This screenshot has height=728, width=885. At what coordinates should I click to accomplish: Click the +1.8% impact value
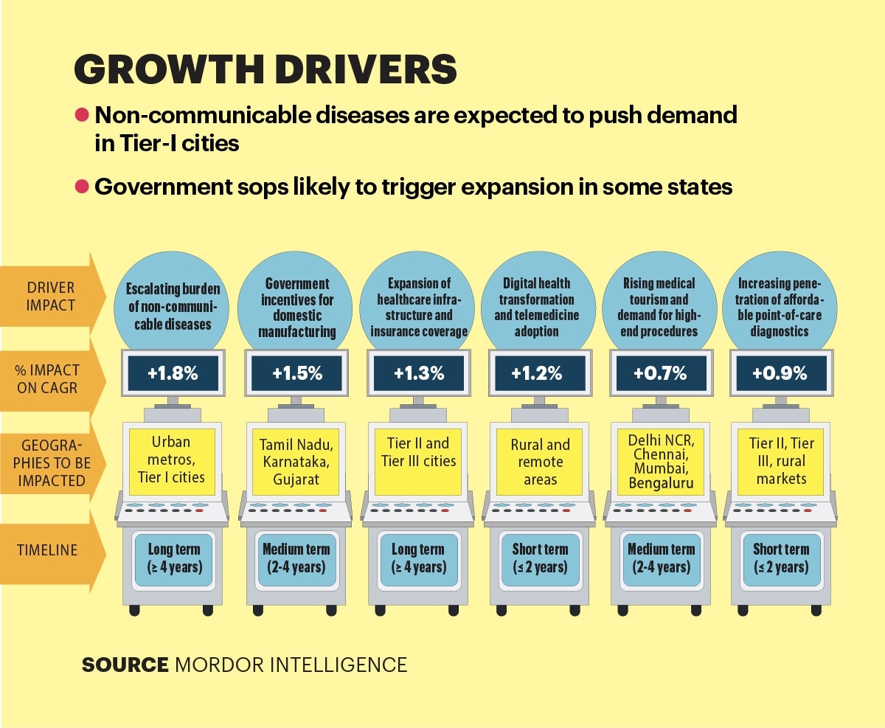[x=173, y=373]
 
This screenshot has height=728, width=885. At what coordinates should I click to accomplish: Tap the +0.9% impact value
[x=780, y=373]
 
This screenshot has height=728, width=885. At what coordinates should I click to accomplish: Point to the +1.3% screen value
[x=419, y=373]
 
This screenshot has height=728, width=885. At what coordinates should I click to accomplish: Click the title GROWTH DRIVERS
[x=265, y=69]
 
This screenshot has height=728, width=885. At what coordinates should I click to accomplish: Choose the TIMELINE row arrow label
[x=47, y=550]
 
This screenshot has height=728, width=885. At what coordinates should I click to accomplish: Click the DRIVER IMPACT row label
[x=50, y=297]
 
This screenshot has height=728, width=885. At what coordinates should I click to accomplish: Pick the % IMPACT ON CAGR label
[x=47, y=379]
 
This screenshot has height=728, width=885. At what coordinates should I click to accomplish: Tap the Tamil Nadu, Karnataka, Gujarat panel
[x=296, y=462]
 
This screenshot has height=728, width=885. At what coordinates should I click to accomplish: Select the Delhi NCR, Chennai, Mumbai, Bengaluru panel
[x=661, y=462]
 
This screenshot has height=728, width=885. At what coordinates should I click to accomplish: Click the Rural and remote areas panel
[x=540, y=462]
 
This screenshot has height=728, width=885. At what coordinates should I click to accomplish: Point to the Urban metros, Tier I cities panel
[x=172, y=462]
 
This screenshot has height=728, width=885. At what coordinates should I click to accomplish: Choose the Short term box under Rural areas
[x=540, y=559]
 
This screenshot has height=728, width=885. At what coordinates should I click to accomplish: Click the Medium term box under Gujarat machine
[x=296, y=559]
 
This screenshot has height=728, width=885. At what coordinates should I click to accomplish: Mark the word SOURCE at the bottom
[x=125, y=665]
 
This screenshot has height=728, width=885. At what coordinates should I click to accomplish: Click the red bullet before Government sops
[x=82, y=187]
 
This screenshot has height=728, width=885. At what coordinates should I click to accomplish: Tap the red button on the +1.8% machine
[x=199, y=510]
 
